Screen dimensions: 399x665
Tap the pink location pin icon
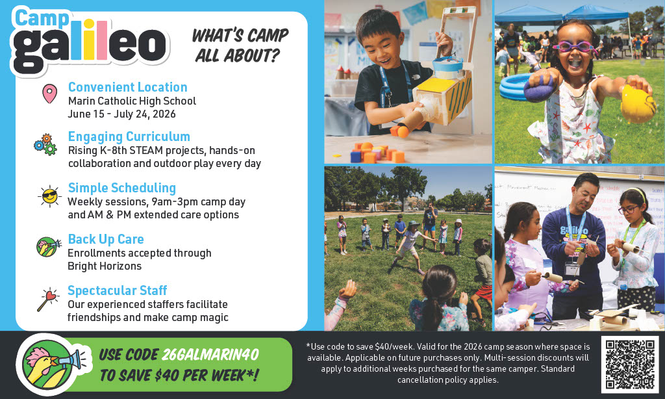49,94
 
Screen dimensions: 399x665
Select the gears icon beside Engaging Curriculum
45,144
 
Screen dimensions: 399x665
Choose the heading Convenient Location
127,87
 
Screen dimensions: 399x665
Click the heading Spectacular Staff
118,290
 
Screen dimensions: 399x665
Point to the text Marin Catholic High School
132,101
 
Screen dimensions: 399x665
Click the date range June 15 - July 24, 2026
121,114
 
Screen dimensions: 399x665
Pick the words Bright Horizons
105,266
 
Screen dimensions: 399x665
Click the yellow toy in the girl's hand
637,102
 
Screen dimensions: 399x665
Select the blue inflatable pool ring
520,86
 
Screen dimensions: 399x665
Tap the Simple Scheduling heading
122,188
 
